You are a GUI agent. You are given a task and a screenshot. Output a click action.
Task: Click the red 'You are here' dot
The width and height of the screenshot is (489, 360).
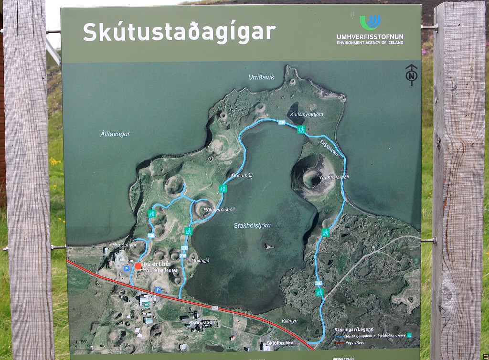(x=138, y=265)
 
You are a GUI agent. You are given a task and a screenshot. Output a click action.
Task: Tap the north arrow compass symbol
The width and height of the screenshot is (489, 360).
(x=411, y=75)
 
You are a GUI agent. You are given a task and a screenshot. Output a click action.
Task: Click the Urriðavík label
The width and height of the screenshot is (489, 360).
(x=261, y=77)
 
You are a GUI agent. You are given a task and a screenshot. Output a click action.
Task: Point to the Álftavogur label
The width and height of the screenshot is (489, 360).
(x=116, y=134)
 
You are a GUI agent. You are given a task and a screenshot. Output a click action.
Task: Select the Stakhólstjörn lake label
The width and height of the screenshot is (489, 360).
(x=252, y=225)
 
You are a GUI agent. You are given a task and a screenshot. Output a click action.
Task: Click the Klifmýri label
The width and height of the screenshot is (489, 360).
(x=289, y=321)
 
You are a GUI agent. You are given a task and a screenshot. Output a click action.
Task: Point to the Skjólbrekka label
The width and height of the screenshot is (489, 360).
(x=280, y=342)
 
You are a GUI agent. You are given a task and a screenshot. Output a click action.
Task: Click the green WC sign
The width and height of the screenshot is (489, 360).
(x=148, y=304)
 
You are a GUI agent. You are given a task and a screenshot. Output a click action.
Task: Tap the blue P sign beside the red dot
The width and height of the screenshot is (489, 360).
(x=127, y=269)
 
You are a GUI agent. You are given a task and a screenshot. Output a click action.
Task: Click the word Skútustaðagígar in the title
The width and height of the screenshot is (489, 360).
(x=179, y=32)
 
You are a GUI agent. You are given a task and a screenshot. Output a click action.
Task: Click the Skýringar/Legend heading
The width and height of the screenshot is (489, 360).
(x=354, y=329)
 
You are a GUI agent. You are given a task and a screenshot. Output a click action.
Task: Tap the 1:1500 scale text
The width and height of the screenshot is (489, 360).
(x=81, y=342)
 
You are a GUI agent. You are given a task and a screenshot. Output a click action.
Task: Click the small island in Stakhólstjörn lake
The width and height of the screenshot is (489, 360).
(x=268, y=246)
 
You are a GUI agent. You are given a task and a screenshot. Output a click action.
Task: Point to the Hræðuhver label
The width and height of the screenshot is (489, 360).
(x=124, y=245)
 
